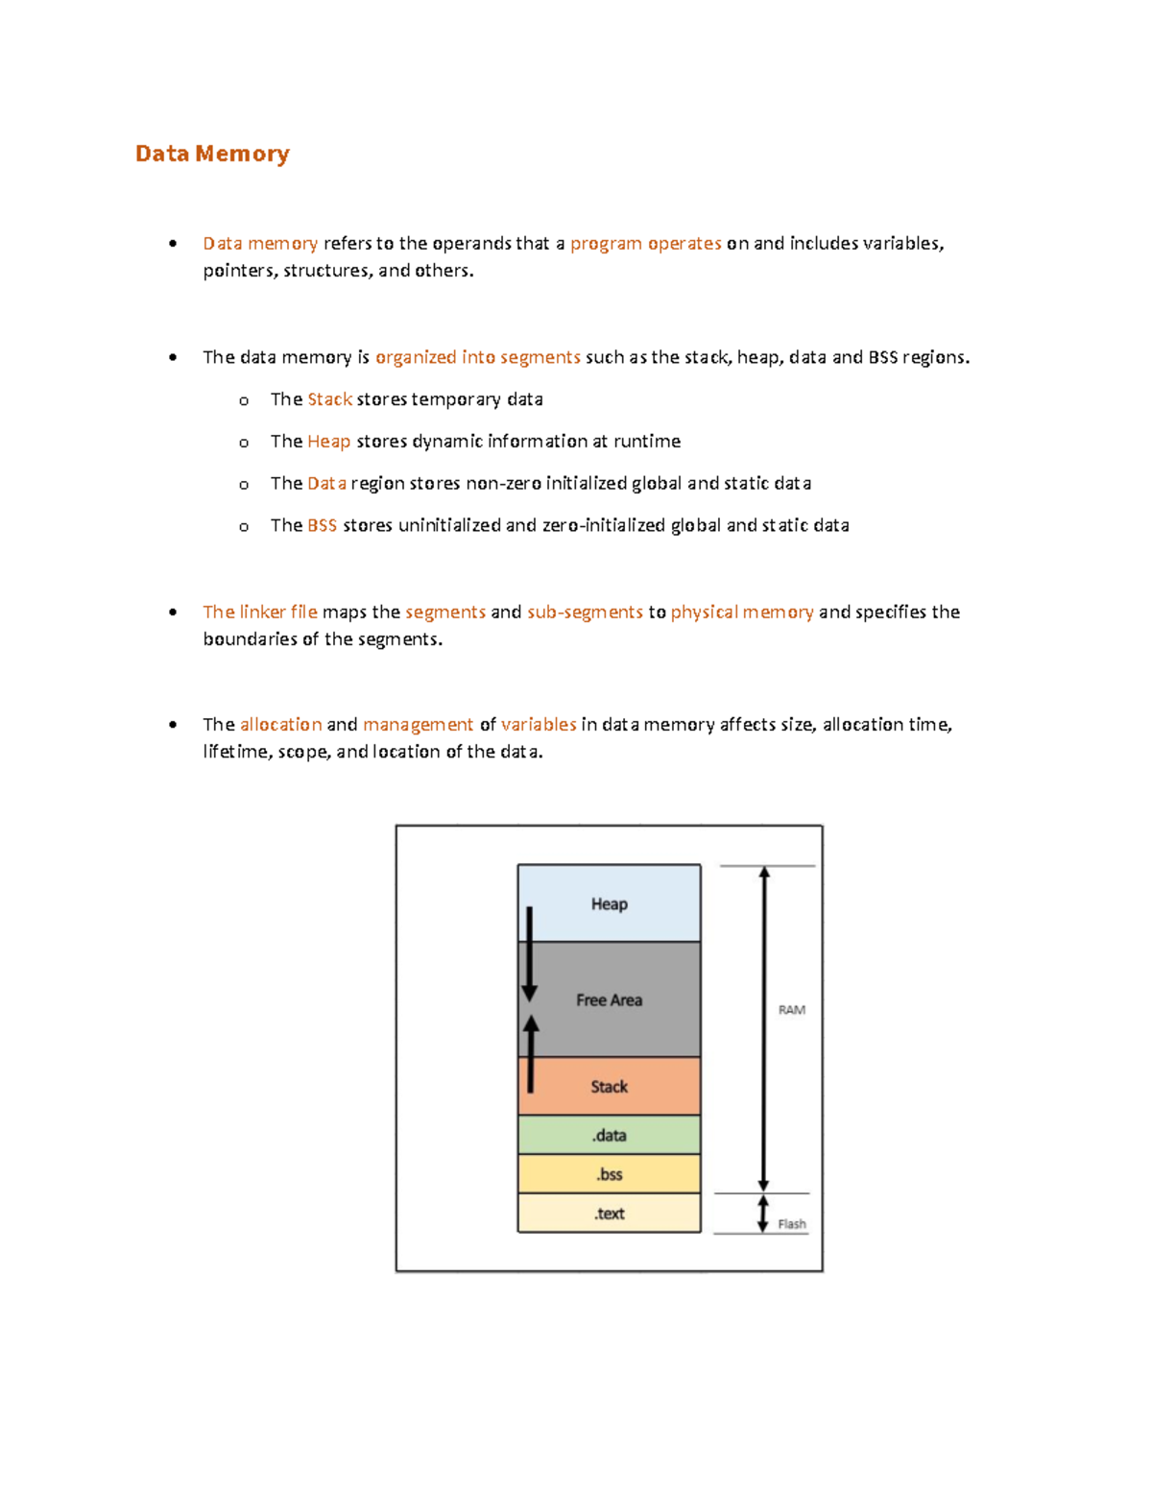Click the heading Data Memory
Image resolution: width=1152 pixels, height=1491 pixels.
pyautogui.click(x=212, y=154)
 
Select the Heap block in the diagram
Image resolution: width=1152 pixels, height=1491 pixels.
pyautogui.click(x=609, y=903)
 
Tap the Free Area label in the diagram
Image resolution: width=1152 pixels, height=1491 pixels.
pyautogui.click(x=609, y=999)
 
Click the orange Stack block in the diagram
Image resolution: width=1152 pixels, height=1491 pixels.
pyautogui.click(x=609, y=1086)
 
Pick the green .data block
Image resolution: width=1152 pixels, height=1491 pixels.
pyautogui.click(x=609, y=1135)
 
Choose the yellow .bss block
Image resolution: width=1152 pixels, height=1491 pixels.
pyautogui.click(x=609, y=1174)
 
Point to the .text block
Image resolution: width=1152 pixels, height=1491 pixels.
pyautogui.click(x=609, y=1214)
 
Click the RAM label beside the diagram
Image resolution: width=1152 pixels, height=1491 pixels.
pyautogui.click(x=791, y=1010)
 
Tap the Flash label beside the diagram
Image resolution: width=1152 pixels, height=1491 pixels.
pyautogui.click(x=792, y=1224)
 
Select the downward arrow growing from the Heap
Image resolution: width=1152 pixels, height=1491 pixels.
pyautogui.click(x=529, y=955)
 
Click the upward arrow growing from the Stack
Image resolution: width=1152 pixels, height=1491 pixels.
pyautogui.click(x=531, y=1053)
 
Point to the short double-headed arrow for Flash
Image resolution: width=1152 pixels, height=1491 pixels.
pyautogui.click(x=763, y=1214)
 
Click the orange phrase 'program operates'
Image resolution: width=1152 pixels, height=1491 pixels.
pyautogui.click(x=645, y=243)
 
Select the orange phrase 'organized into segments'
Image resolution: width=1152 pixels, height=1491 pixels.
pyautogui.click(x=477, y=357)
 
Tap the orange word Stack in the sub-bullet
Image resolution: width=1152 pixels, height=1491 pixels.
pyautogui.click(x=329, y=399)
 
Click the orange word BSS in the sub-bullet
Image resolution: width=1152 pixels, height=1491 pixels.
pyautogui.click(x=322, y=525)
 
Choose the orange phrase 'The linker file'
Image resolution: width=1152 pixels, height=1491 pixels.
pyautogui.click(x=259, y=612)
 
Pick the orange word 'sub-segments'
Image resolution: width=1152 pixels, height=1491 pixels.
pyautogui.click(x=585, y=612)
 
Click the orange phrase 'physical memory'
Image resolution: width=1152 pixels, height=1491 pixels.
pyautogui.click(x=741, y=612)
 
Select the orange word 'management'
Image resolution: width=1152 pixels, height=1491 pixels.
pyautogui.click(x=418, y=724)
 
